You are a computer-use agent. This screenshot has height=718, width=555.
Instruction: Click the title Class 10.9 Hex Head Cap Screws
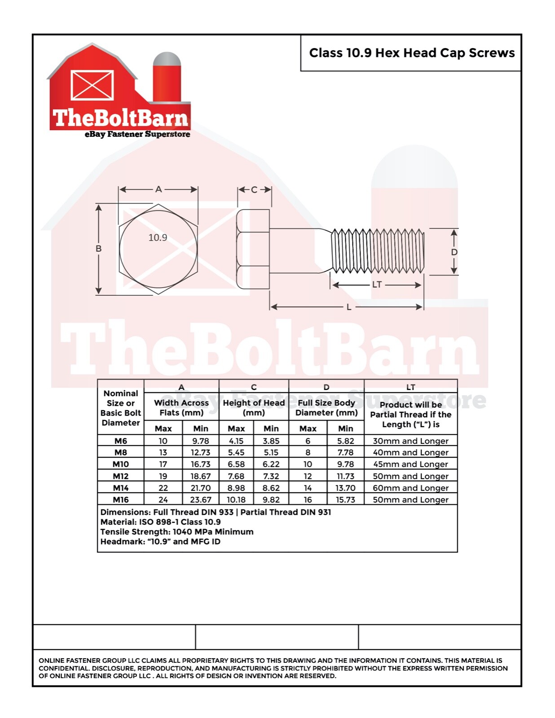tap(412, 53)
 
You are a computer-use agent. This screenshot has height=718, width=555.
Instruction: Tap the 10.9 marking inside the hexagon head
tap(158, 237)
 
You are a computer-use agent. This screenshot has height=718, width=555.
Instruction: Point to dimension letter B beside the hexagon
tap(98, 249)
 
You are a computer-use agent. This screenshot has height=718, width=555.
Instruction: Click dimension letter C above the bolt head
tap(254, 190)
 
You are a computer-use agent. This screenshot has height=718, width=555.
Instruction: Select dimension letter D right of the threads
tap(454, 252)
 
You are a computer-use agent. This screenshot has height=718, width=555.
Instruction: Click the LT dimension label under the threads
tap(377, 285)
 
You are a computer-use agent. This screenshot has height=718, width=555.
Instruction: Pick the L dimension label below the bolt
tap(349, 307)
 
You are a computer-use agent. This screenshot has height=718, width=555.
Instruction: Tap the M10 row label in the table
tap(121, 464)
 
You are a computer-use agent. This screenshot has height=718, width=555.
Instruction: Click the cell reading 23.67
tap(200, 499)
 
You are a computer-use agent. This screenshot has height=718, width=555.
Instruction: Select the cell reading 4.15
tap(236, 441)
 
